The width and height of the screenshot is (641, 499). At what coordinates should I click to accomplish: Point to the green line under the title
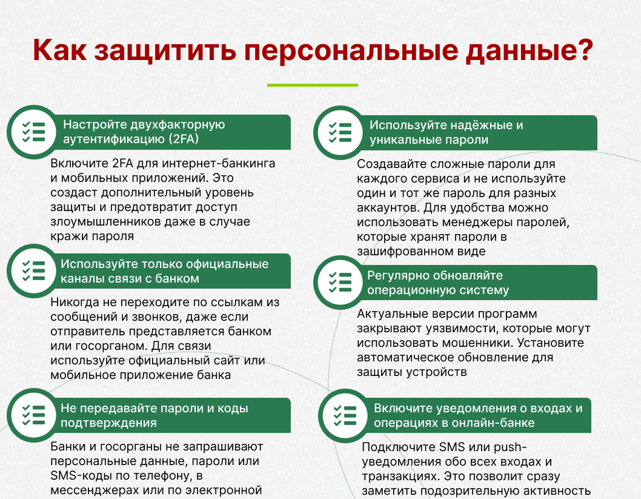313,85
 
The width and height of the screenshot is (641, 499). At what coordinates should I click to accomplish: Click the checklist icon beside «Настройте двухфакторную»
33,132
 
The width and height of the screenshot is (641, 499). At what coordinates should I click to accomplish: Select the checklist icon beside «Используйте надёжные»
340,133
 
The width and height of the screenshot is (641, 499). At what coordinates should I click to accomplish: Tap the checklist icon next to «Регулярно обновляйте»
340,282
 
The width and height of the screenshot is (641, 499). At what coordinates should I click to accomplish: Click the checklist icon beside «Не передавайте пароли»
33,415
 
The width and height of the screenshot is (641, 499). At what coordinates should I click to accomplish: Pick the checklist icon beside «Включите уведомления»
345,415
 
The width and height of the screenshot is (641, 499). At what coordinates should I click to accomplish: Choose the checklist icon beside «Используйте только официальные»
33,271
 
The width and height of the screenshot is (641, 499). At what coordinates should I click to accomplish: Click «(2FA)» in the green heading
184,139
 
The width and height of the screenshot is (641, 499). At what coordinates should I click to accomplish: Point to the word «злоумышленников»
105,222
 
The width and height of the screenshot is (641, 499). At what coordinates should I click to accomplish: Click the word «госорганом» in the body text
106,346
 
